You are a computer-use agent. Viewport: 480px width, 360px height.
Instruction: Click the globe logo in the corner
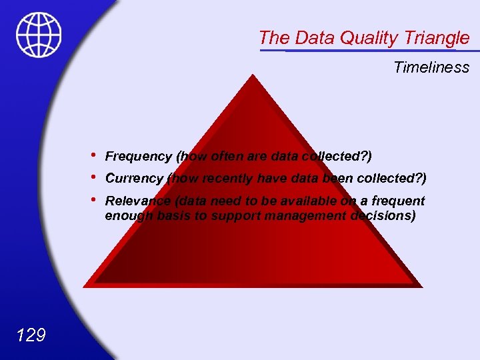39,35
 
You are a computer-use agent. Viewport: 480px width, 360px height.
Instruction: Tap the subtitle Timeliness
431,67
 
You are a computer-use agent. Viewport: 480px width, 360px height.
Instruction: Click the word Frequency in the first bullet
138,157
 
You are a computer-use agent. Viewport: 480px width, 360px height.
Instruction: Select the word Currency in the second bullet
134,179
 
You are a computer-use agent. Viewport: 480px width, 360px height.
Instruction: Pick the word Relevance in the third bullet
137,201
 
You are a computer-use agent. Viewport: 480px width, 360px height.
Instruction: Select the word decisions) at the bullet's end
383,216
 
